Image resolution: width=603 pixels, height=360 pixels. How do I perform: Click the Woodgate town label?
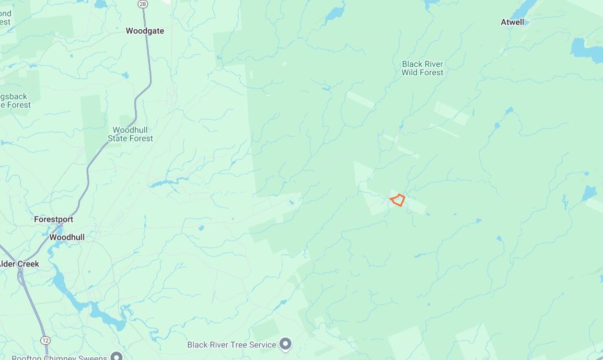click(145, 31)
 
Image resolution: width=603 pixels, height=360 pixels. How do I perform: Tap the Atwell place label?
click(512, 22)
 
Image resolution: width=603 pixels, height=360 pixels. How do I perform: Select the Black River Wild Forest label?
click(422, 68)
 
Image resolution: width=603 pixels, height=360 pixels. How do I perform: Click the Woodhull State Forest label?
click(130, 134)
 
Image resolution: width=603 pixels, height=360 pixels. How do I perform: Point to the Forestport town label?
click(54, 219)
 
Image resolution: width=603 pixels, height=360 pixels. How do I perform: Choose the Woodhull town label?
click(67, 237)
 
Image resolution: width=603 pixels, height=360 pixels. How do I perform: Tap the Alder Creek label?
click(19, 264)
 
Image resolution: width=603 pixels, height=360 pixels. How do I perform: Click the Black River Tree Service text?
click(232, 345)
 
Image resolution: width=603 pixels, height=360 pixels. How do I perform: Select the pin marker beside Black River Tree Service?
click(286, 344)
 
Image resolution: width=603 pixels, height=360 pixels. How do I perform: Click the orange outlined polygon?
click(398, 200)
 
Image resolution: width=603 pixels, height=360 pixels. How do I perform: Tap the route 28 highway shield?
click(142, 4)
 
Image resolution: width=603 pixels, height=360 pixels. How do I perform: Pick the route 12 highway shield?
click(46, 340)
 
